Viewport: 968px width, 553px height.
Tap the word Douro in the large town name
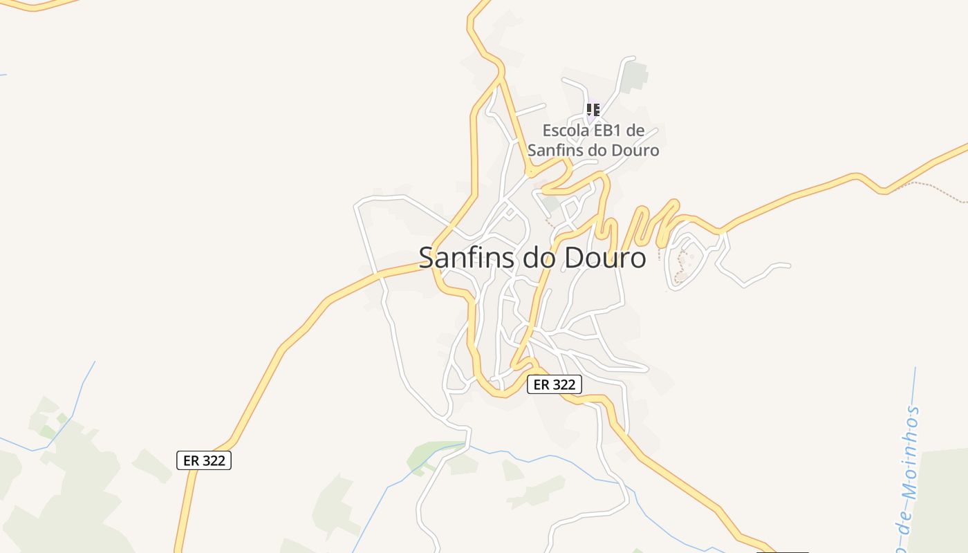click(x=606, y=258)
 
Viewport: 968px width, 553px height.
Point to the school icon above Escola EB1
click(x=593, y=109)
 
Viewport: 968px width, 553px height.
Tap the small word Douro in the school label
click(x=635, y=150)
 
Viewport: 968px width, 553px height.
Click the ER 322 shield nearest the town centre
click(x=555, y=384)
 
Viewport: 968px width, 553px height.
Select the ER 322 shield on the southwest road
click(x=204, y=460)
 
